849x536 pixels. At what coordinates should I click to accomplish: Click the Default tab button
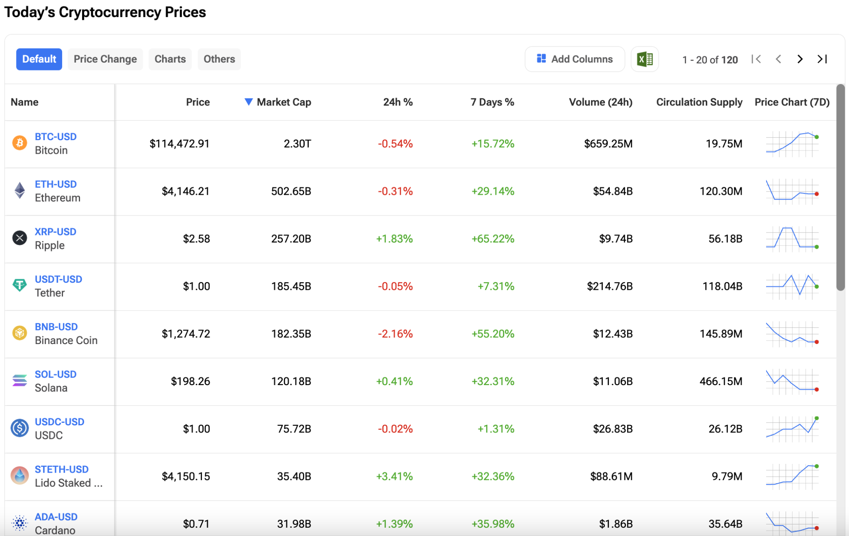(39, 59)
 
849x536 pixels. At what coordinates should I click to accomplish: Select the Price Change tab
(105, 59)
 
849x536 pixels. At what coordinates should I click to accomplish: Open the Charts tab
(170, 59)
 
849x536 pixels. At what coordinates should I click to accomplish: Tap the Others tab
(219, 59)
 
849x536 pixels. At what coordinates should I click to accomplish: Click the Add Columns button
(575, 59)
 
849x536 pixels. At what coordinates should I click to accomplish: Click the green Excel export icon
(645, 59)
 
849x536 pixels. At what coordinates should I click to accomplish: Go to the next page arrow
(800, 59)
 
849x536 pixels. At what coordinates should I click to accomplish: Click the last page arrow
(822, 59)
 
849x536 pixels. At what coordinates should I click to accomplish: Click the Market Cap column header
(284, 102)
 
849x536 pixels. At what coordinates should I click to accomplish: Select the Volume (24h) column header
(600, 102)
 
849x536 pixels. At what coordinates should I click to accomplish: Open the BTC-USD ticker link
(56, 137)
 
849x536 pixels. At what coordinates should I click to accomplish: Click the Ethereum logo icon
(19, 191)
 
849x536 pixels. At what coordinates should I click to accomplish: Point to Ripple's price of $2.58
(196, 239)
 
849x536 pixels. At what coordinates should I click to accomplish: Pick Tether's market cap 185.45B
(291, 286)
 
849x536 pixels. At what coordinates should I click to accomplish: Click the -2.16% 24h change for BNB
(395, 334)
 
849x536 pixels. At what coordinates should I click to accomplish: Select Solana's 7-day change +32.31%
(492, 381)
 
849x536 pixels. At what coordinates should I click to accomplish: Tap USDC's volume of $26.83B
(613, 429)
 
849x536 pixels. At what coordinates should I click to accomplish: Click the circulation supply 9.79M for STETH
(727, 476)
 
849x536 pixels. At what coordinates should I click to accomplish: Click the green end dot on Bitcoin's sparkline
(817, 137)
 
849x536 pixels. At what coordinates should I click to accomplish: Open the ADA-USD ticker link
(56, 517)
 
